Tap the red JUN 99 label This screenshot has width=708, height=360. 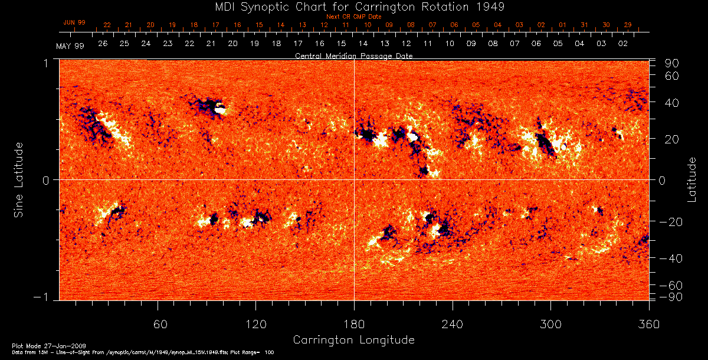click(74, 22)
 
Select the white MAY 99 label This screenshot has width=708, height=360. click(70, 46)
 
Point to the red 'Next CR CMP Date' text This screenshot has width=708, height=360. click(354, 17)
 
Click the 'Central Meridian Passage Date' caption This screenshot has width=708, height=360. click(354, 55)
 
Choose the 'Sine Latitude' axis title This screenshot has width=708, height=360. click(19, 179)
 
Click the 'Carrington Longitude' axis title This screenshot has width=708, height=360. click(354, 340)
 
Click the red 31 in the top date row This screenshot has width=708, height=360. click(584, 25)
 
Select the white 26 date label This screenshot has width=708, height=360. click(103, 44)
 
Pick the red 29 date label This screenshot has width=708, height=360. click(628, 25)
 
